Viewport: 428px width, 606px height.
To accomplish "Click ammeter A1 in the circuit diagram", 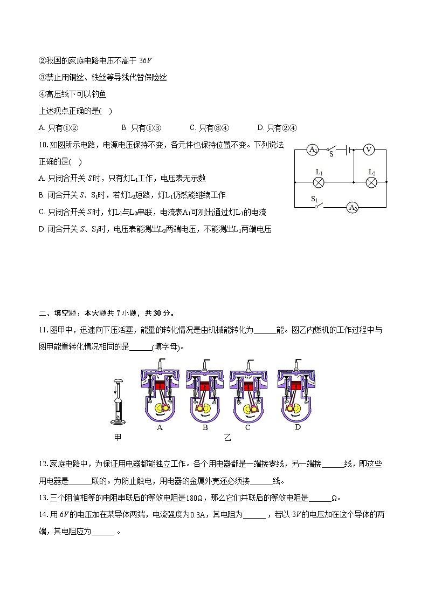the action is pyautogui.click(x=313, y=150).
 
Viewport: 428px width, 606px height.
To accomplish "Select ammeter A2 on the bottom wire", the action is pyautogui.click(x=353, y=207).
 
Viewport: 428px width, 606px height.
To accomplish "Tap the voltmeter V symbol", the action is pyautogui.click(x=369, y=150).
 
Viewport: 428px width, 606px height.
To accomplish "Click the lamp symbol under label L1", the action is pyautogui.click(x=319, y=182).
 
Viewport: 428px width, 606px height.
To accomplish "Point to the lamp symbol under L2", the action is pyautogui.click(x=371, y=182).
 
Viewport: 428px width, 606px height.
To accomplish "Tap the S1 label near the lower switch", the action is pyautogui.click(x=314, y=198).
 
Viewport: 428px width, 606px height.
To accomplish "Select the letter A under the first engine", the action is pyautogui.click(x=160, y=427).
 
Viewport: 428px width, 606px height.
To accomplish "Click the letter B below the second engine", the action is pyautogui.click(x=205, y=428).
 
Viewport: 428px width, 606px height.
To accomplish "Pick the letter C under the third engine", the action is pyautogui.click(x=247, y=428).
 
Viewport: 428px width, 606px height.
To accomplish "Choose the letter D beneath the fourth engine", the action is pyautogui.click(x=298, y=427).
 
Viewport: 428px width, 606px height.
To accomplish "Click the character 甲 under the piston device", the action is pyautogui.click(x=118, y=438).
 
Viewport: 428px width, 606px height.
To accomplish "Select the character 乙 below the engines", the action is pyautogui.click(x=227, y=438).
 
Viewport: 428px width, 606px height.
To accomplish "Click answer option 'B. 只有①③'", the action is pyautogui.click(x=141, y=128).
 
